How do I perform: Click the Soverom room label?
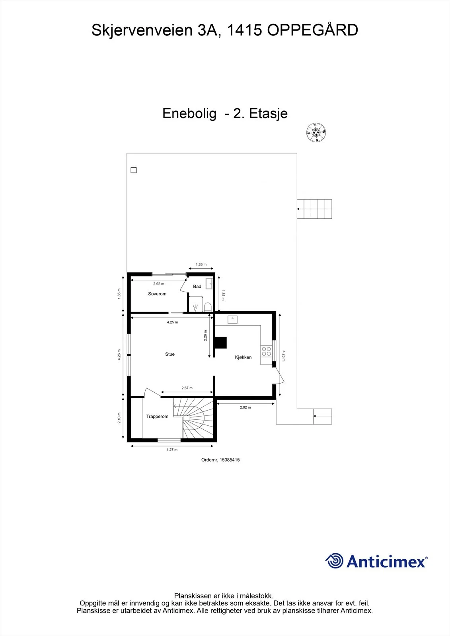click(x=157, y=294)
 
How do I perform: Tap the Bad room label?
click(x=197, y=287)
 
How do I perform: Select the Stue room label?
click(x=170, y=354)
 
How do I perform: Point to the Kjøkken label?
click(x=243, y=357)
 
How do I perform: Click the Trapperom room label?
click(x=157, y=417)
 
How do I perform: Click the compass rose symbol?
click(x=316, y=133)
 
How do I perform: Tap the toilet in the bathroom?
click(x=208, y=307)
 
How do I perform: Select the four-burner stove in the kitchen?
click(x=266, y=351)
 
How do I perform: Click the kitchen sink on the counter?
click(x=232, y=320)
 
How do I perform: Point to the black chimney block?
click(x=220, y=342)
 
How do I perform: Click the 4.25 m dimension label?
click(x=172, y=322)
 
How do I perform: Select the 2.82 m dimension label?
click(x=245, y=407)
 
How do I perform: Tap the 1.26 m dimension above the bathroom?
click(x=201, y=264)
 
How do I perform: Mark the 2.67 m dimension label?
click(x=187, y=388)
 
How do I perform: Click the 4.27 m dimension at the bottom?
click(x=172, y=450)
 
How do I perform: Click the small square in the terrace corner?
click(x=134, y=170)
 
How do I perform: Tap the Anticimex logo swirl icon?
click(x=334, y=561)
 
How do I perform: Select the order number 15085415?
click(x=230, y=460)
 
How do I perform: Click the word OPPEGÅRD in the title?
click(x=312, y=30)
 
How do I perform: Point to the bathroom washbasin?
click(x=210, y=284)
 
